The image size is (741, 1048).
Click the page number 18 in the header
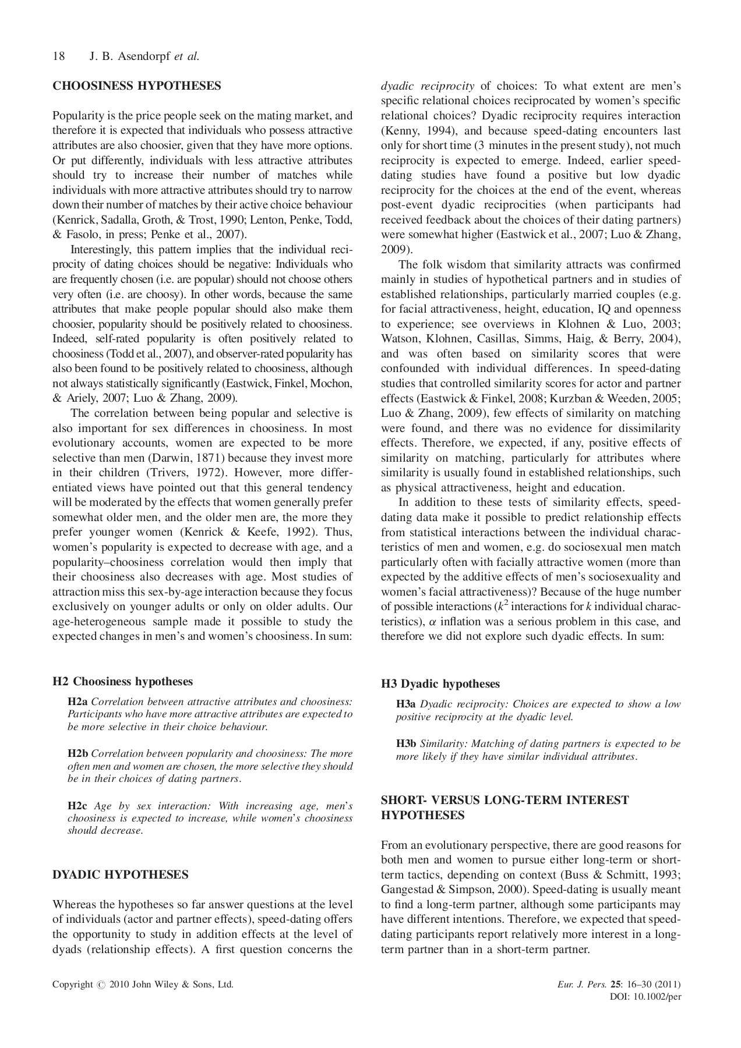click(x=58, y=56)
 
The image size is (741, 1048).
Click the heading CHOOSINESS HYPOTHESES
click(x=137, y=86)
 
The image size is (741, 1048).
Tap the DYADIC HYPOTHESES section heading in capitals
click(x=121, y=874)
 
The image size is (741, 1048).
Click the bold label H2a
click(x=77, y=702)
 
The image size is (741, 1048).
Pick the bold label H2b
click(x=77, y=753)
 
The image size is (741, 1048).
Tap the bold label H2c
click(x=77, y=806)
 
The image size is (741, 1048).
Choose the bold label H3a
click(x=406, y=704)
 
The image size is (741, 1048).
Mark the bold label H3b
click(x=406, y=743)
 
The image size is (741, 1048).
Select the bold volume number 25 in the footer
click(x=615, y=985)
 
